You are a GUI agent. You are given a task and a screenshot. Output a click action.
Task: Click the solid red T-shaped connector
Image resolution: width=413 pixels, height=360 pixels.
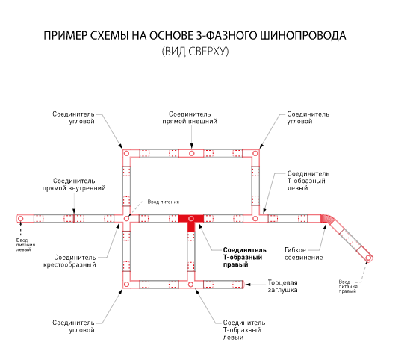click(x=191, y=220)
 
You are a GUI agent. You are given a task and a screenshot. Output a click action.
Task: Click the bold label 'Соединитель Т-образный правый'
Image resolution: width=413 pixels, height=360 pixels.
click(x=244, y=257)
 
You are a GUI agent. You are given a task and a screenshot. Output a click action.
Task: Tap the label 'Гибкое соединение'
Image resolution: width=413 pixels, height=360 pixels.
click(x=304, y=254)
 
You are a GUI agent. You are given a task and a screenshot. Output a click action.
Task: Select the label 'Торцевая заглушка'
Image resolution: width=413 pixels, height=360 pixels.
click(x=282, y=286)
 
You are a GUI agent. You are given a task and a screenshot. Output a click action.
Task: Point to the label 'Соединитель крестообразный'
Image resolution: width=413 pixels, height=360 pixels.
click(x=69, y=261)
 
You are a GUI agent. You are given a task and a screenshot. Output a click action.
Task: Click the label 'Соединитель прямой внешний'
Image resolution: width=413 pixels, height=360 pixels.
click(x=190, y=118)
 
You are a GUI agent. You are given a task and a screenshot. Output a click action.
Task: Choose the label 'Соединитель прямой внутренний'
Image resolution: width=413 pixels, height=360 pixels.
click(x=74, y=184)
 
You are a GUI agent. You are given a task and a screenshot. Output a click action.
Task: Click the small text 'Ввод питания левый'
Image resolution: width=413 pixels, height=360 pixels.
click(x=25, y=245)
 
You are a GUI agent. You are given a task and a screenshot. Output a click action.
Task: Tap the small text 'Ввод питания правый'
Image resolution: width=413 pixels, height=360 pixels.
click(x=348, y=287)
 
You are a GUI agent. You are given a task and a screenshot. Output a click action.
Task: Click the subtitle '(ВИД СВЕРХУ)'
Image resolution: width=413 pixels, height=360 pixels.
click(x=195, y=52)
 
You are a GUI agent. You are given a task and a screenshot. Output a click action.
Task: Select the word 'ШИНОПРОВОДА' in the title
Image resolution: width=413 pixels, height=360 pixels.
click(x=303, y=36)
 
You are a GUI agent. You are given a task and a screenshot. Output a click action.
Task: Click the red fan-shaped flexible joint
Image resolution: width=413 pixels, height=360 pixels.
click(x=327, y=220)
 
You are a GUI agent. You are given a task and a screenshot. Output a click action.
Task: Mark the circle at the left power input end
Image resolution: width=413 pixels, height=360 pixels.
click(x=20, y=219)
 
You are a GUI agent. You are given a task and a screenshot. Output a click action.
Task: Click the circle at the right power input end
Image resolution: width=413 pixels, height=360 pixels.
click(x=368, y=258)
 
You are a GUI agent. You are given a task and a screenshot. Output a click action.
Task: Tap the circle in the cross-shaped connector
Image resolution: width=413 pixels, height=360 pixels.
click(x=126, y=219)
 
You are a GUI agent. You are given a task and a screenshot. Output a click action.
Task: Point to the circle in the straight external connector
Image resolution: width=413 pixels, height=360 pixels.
click(x=192, y=153)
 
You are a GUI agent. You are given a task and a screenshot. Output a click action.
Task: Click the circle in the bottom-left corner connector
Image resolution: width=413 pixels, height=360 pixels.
click(x=126, y=284)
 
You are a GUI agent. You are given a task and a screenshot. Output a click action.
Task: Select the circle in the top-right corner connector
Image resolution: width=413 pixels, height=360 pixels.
click(x=255, y=153)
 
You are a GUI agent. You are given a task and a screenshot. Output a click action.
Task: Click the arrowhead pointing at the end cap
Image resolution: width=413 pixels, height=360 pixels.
click(x=248, y=285)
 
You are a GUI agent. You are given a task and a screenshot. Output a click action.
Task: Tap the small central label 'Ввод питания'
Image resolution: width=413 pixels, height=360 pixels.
click(x=164, y=202)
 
